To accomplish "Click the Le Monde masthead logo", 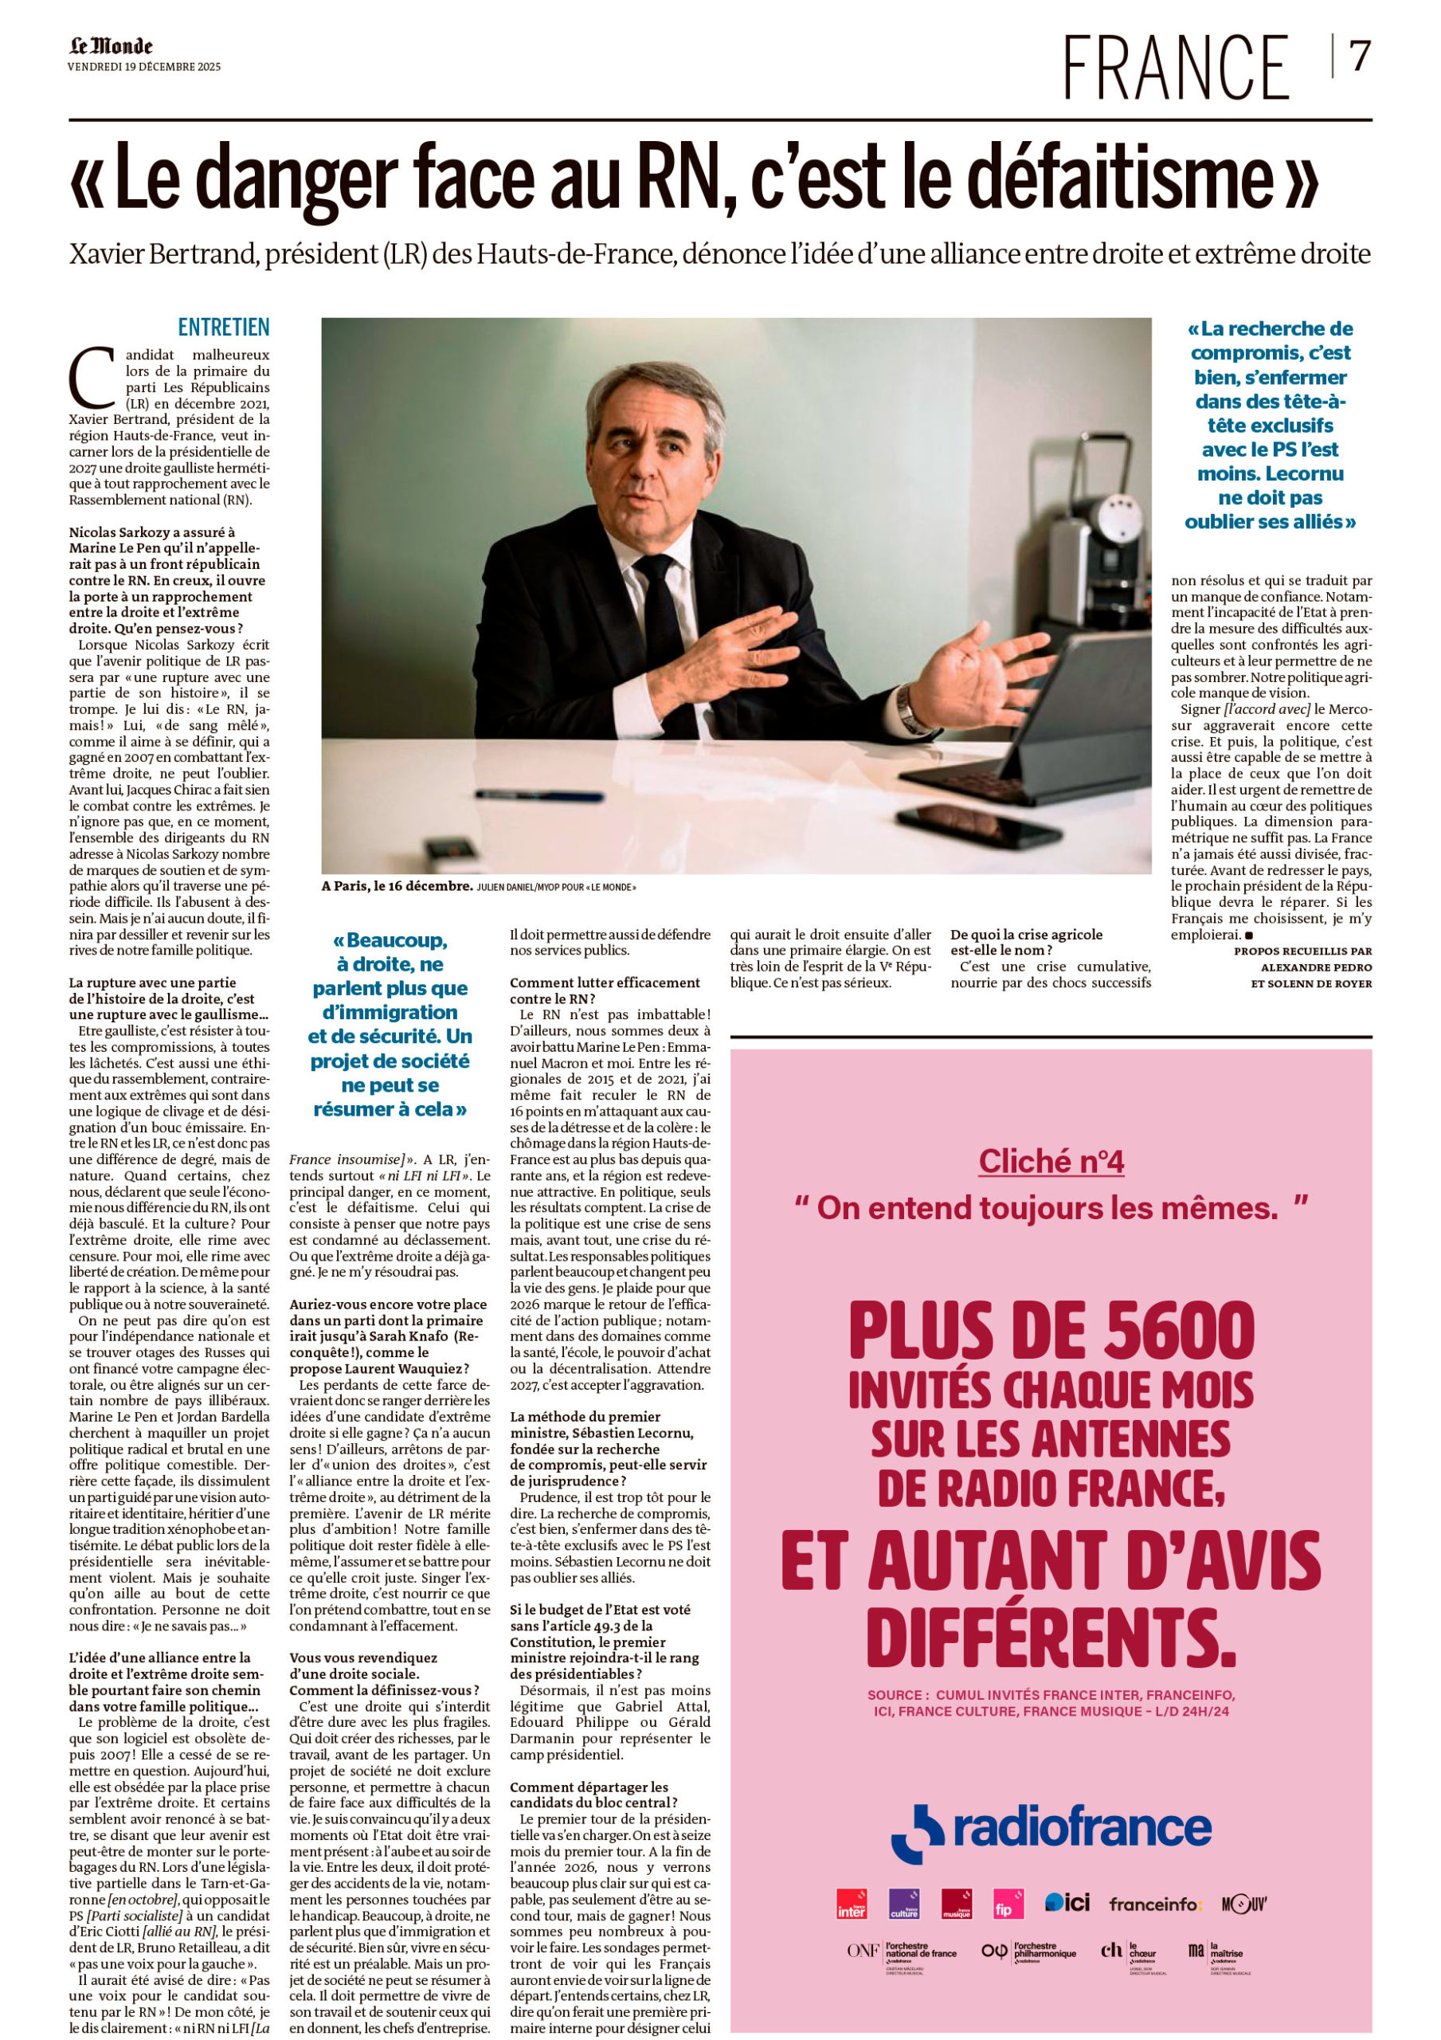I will pyautogui.click(x=111, y=46).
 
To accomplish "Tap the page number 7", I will pyautogui.click(x=1359, y=57).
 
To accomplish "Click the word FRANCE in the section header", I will pyautogui.click(x=1176, y=68).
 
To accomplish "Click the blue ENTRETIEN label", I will pyautogui.click(x=223, y=327).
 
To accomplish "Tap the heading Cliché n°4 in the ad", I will pyautogui.click(x=1051, y=1160).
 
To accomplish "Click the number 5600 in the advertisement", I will pyautogui.click(x=1156, y=1329).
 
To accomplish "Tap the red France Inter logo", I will pyautogui.click(x=851, y=1903).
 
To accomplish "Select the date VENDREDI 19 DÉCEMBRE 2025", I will pyautogui.click(x=144, y=67).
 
